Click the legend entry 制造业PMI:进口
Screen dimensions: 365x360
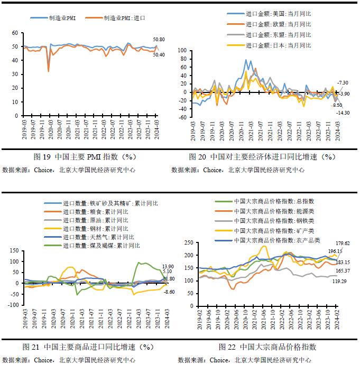coord(124,17)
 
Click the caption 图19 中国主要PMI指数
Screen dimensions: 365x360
coord(85,157)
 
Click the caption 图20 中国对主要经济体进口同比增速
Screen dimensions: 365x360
coord(262,157)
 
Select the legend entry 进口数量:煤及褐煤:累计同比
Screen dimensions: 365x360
coord(101,245)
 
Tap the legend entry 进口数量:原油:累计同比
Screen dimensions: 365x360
coord(95,220)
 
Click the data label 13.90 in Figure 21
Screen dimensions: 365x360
coord(168,266)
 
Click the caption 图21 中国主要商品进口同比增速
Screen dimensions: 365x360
coord(88,347)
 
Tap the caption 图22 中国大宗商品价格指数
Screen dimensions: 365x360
coord(267,347)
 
